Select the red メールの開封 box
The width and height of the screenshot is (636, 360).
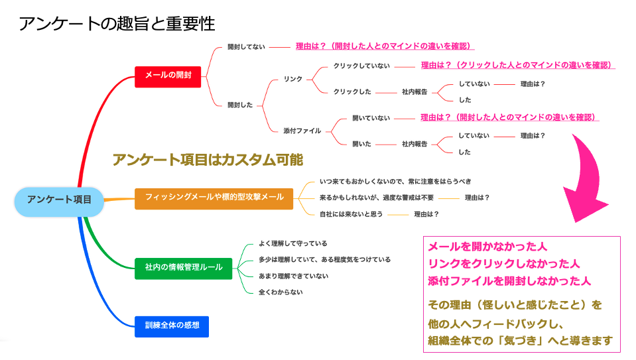click(168, 77)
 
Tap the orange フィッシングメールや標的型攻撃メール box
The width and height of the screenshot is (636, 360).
click(214, 199)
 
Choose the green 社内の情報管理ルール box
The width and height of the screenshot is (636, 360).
click(183, 269)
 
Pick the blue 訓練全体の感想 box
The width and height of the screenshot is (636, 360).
click(172, 326)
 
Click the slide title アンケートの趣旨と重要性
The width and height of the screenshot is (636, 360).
click(117, 23)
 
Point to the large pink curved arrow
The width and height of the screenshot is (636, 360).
click(586, 178)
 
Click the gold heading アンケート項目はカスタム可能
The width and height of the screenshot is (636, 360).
click(208, 160)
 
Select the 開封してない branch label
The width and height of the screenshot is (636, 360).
click(246, 46)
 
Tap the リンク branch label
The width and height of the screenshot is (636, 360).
click(293, 79)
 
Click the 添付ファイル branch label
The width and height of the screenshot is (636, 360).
click(302, 131)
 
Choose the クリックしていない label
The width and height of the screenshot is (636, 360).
click(361, 66)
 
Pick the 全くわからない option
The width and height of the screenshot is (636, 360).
click(281, 292)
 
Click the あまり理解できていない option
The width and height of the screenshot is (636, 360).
click(294, 276)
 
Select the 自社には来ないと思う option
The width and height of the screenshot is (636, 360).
click(351, 214)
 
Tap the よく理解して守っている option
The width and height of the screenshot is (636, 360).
click(293, 243)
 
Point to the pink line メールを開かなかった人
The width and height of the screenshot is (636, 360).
click(487, 247)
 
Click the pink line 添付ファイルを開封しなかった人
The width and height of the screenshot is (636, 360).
click(509, 281)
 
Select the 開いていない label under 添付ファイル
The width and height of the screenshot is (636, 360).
click(371, 118)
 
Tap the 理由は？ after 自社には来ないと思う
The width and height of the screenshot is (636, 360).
click(426, 214)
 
